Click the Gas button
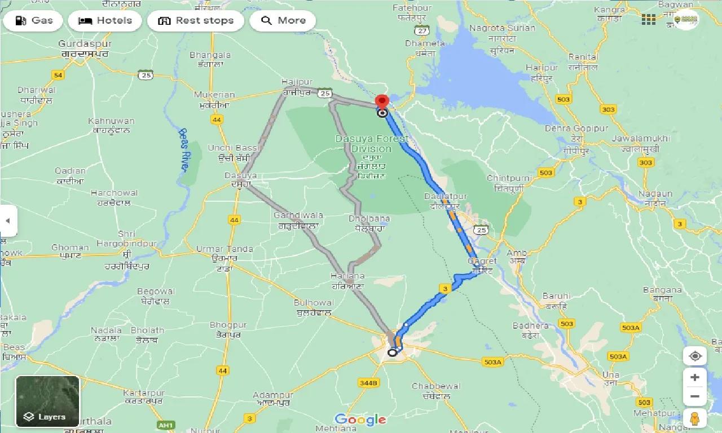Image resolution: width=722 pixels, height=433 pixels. tap(34, 21)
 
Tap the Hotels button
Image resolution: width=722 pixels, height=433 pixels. tap(105, 21)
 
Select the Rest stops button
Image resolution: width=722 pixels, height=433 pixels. tap(195, 21)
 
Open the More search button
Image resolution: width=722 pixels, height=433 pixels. tap(283, 21)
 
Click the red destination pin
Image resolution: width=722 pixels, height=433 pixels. tap(382, 102)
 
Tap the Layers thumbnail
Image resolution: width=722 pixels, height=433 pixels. tap(47, 401)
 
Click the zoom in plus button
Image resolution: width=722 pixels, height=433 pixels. tap(695, 377)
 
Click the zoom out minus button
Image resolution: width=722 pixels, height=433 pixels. tap(695, 397)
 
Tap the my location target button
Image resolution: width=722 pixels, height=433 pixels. tap(695, 356)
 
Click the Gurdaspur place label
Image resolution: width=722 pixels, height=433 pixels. tap(85, 44)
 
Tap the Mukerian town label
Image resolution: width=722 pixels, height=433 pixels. tap(214, 95)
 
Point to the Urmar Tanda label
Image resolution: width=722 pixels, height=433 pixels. tap(224, 249)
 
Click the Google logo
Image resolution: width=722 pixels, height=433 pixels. tap(360, 419)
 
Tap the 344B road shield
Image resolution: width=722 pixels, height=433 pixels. tap(368, 383)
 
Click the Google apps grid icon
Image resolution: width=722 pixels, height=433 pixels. tap(648, 20)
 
